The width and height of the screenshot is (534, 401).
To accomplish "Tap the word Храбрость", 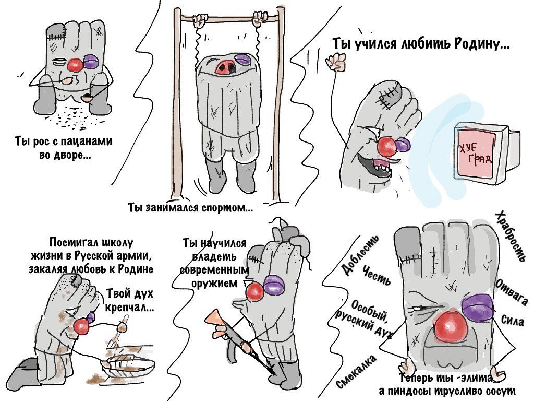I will point(511,236).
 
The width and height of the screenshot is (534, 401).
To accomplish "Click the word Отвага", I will point(511,290).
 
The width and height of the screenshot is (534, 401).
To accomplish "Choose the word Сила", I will point(512,320).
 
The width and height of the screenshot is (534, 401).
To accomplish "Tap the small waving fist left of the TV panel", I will point(336,62).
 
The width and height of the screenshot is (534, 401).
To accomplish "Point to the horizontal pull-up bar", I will point(229,19).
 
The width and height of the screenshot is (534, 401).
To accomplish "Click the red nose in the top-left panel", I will point(75,65).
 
